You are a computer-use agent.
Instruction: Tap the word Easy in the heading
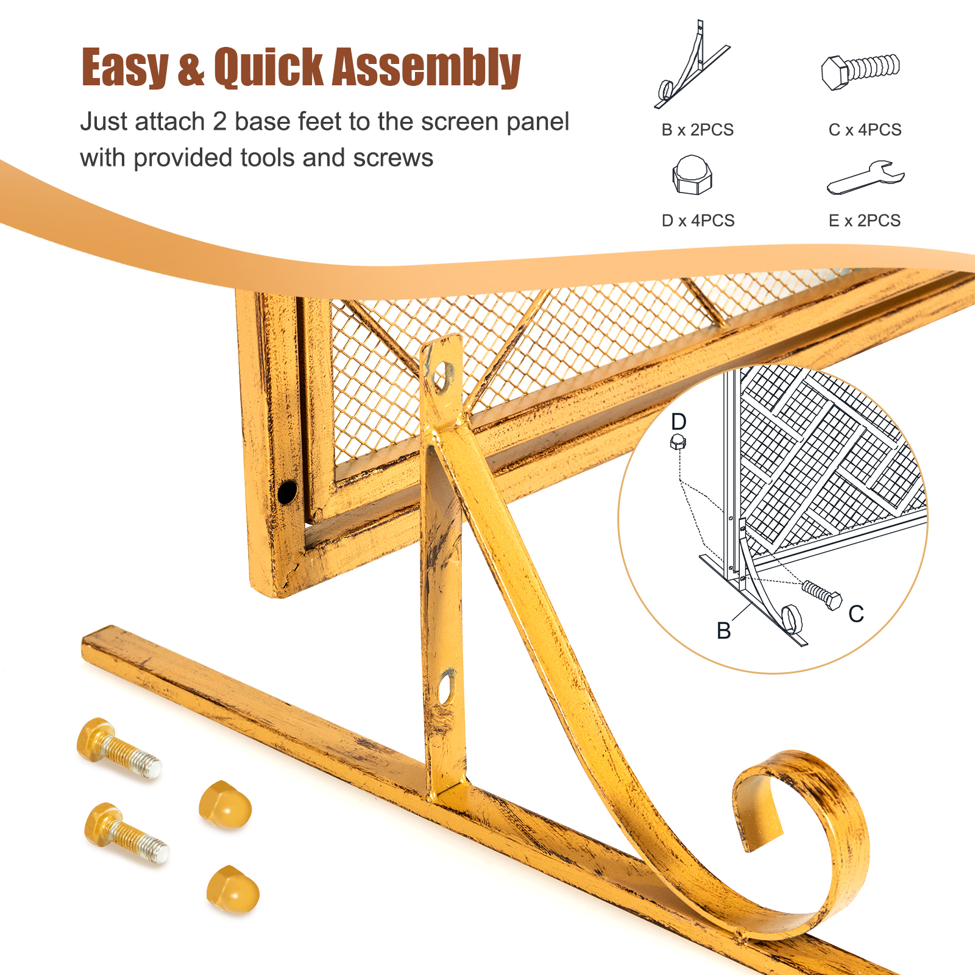point(125,68)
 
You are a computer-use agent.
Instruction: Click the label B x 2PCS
point(697,130)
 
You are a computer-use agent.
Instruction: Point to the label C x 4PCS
point(865,130)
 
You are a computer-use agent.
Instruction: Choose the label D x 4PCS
point(698,221)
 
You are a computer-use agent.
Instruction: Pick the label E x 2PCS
point(865,221)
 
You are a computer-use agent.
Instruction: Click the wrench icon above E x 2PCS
point(865,178)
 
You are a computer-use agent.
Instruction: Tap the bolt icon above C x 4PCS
point(860,71)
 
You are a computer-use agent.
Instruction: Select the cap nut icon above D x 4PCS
point(692,175)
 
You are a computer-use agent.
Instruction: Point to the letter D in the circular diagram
point(678,421)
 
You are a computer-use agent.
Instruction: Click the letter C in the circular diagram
point(856,614)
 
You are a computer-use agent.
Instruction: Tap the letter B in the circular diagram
point(724,631)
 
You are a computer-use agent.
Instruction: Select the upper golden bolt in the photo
point(118,748)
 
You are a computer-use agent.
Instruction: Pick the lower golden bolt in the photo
point(126,832)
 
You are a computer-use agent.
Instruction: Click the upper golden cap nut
point(225,804)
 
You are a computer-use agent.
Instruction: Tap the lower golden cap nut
point(233,890)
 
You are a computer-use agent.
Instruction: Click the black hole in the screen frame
point(287,491)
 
